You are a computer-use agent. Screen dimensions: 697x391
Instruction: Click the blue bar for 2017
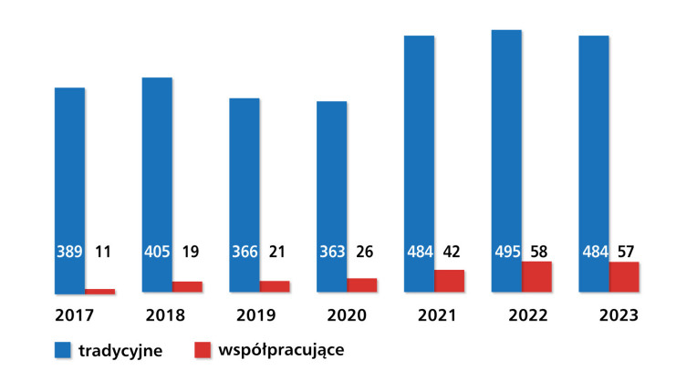pyautogui.click(x=69, y=190)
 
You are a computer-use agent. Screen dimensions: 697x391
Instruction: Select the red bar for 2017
pyautogui.click(x=100, y=291)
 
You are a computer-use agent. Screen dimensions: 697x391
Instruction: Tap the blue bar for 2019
pyautogui.click(x=244, y=195)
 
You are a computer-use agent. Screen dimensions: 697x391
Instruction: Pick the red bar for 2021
pyautogui.click(x=450, y=281)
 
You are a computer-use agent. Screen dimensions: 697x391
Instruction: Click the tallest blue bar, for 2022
pyautogui.click(x=506, y=160)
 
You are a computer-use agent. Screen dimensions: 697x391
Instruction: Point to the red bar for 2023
pyautogui.click(x=624, y=277)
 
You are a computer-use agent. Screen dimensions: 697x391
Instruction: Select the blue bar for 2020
pyautogui.click(x=331, y=197)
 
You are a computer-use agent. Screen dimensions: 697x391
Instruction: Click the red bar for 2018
pyautogui.click(x=187, y=286)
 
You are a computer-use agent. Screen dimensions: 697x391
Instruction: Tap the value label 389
pyautogui.click(x=69, y=252)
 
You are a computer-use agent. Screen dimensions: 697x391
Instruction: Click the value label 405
pyautogui.click(x=157, y=252)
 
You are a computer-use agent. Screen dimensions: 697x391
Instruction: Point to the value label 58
pyautogui.click(x=539, y=252)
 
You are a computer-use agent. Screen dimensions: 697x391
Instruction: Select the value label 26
pyautogui.click(x=365, y=252)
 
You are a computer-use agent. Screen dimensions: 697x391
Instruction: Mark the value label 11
pyautogui.click(x=103, y=252)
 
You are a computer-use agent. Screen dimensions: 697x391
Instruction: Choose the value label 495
pyautogui.click(x=507, y=252)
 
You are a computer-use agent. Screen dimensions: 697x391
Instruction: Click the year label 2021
pyautogui.click(x=437, y=315)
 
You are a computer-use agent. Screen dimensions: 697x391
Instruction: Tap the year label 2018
pyautogui.click(x=165, y=315)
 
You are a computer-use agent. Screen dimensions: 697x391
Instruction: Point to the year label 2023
pyautogui.click(x=619, y=315)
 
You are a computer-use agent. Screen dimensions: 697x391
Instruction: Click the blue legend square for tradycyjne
pyautogui.click(x=63, y=350)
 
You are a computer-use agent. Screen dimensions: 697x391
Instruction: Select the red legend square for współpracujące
pyautogui.click(x=203, y=350)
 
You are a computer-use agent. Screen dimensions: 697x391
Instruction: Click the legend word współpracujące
pyautogui.click(x=281, y=351)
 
